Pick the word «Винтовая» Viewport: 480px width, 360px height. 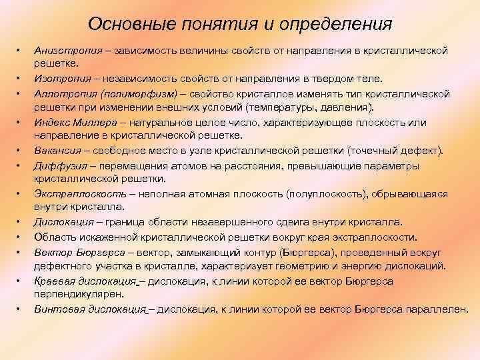(x=57, y=309)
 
